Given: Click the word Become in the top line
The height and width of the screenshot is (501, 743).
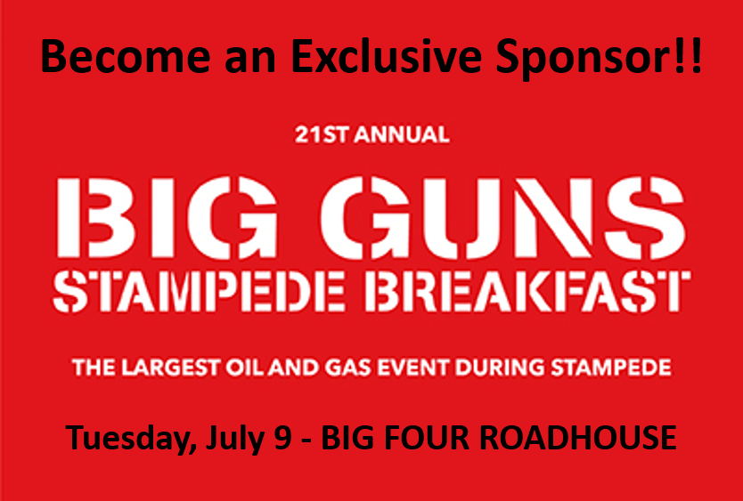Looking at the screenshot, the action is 126,56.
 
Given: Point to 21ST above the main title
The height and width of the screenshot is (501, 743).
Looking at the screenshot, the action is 322,135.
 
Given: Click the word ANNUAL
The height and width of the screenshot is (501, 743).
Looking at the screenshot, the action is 402,135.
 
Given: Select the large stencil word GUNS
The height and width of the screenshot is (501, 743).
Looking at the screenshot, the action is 502,218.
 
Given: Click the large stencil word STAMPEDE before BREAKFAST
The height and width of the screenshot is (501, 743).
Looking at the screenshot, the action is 198,291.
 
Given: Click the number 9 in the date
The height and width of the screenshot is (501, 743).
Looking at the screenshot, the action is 282,438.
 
